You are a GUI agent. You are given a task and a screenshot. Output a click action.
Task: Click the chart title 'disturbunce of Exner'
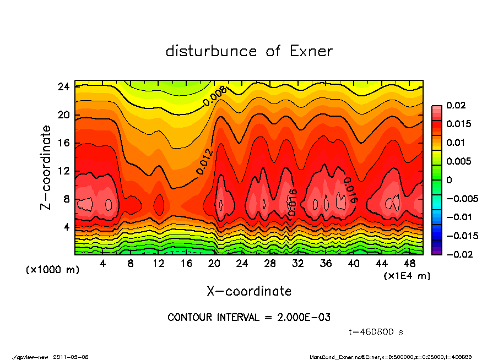pyautogui.click(x=249, y=51)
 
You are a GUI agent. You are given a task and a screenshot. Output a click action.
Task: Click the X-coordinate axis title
pyautogui.click(x=249, y=291)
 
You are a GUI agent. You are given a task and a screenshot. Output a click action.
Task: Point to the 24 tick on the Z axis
pyautogui.click(x=63, y=87)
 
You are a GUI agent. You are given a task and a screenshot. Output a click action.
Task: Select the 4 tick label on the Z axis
pyautogui.click(x=66, y=227)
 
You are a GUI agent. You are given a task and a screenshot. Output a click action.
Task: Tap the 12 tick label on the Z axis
pyautogui.click(x=63, y=171)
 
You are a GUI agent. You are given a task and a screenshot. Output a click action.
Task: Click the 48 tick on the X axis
pyautogui.click(x=410, y=264)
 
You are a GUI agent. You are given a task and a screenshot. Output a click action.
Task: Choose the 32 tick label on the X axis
pyautogui.click(x=298, y=264)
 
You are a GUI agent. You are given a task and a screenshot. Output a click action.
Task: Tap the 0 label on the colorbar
pyautogui.click(x=449, y=180)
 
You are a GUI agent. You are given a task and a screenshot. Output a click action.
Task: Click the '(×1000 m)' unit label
pyautogui.click(x=48, y=270)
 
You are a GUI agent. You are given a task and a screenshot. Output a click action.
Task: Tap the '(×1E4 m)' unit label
pyautogui.click(x=407, y=275)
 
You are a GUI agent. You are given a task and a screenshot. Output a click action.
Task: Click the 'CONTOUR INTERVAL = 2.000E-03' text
pyautogui.click(x=249, y=318)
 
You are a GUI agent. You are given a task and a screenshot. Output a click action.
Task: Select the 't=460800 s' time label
pyautogui.click(x=377, y=332)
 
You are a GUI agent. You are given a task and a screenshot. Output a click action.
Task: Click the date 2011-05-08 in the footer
pyautogui.click(x=71, y=357)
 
